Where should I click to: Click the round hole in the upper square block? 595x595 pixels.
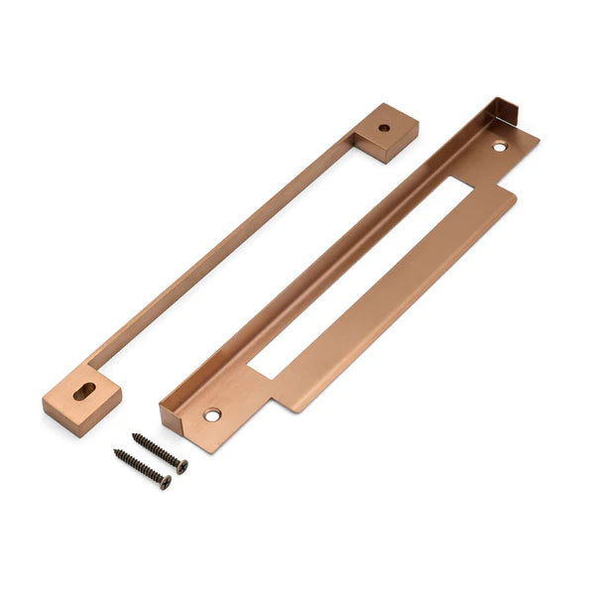[384, 127]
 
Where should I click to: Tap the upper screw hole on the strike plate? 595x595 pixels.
[499, 147]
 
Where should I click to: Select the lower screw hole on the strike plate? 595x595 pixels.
[212, 416]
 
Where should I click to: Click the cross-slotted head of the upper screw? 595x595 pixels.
[181, 466]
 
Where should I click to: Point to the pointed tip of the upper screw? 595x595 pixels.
[134, 435]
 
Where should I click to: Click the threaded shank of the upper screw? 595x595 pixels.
[157, 450]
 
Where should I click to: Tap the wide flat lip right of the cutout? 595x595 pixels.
[416, 297]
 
